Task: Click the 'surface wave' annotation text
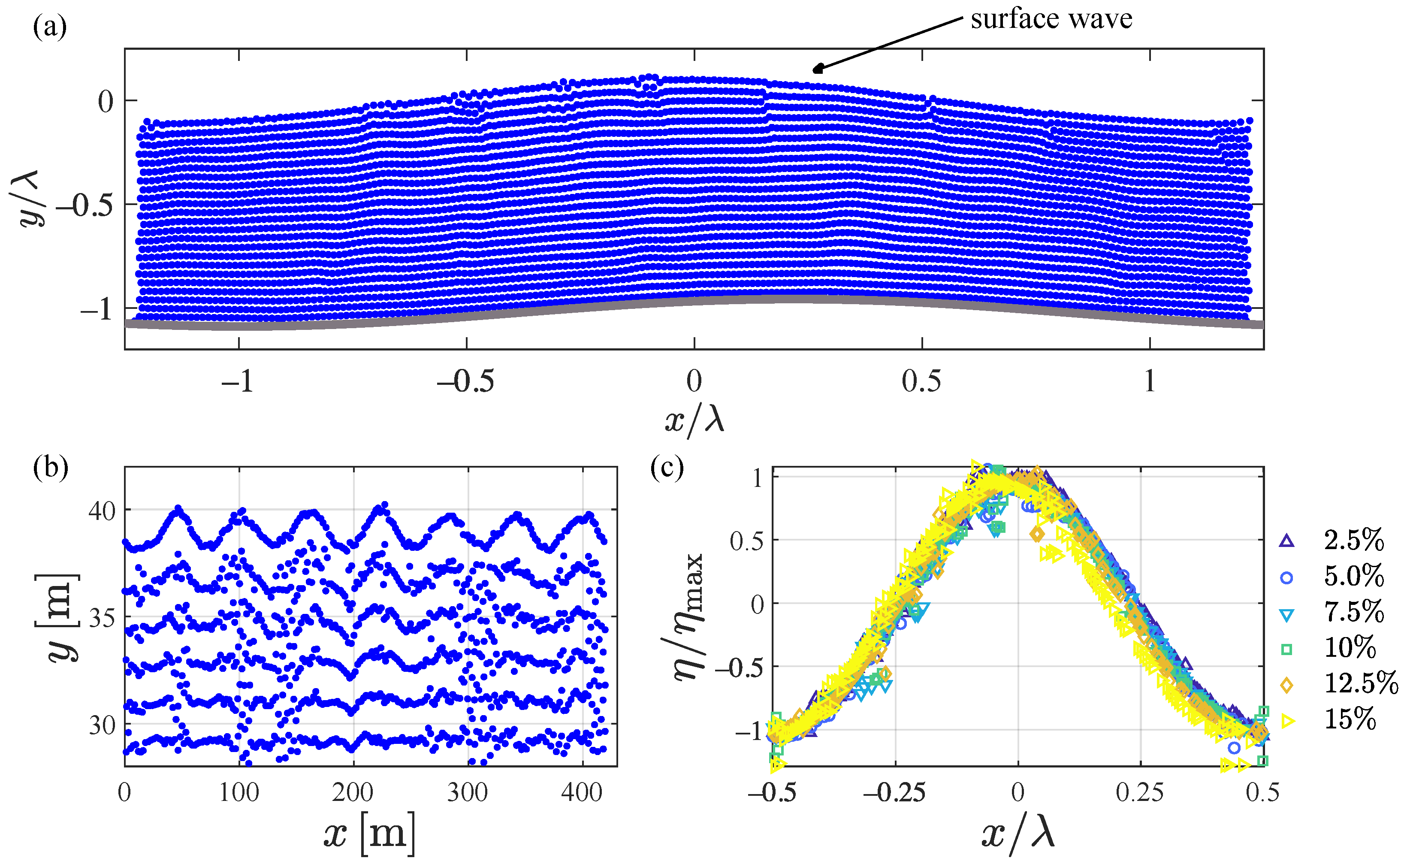pyautogui.click(x=1051, y=19)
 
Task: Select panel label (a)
pyautogui.click(x=50, y=26)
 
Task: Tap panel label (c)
pyautogui.click(x=667, y=468)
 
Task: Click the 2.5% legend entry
pyautogui.click(x=1354, y=540)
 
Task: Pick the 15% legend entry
pyautogui.click(x=1349, y=719)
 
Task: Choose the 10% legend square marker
pyautogui.click(x=1286, y=649)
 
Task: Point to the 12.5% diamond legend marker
pyautogui.click(x=1286, y=685)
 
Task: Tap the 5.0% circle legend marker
pyautogui.click(x=1286, y=578)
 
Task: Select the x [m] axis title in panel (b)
pyautogui.click(x=369, y=834)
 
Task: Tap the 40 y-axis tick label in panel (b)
pyautogui.click(x=102, y=510)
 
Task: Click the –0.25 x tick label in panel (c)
pyautogui.click(x=894, y=793)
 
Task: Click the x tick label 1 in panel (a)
pyautogui.click(x=1149, y=381)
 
